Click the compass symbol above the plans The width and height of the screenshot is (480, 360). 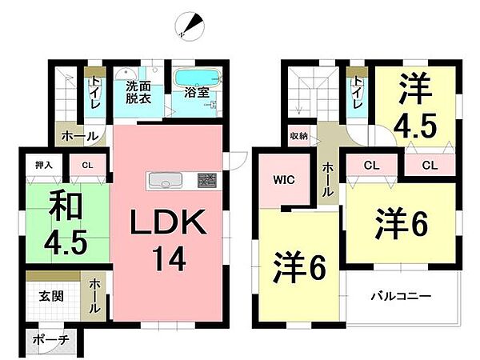pos(190,26)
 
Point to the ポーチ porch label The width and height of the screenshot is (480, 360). pos(51,339)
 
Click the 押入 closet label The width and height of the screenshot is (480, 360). pos(43,166)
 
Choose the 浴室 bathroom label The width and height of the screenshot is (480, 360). pos(198,92)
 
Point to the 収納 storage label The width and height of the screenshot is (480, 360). pos(299,136)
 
